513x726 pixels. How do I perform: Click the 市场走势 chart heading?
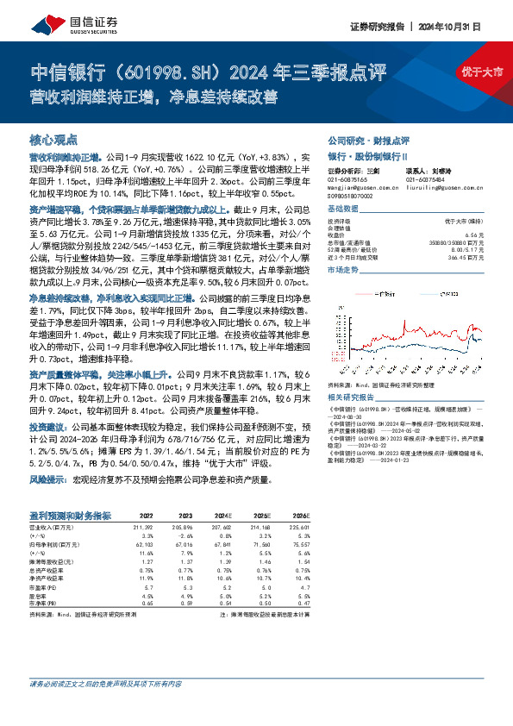(341, 270)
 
